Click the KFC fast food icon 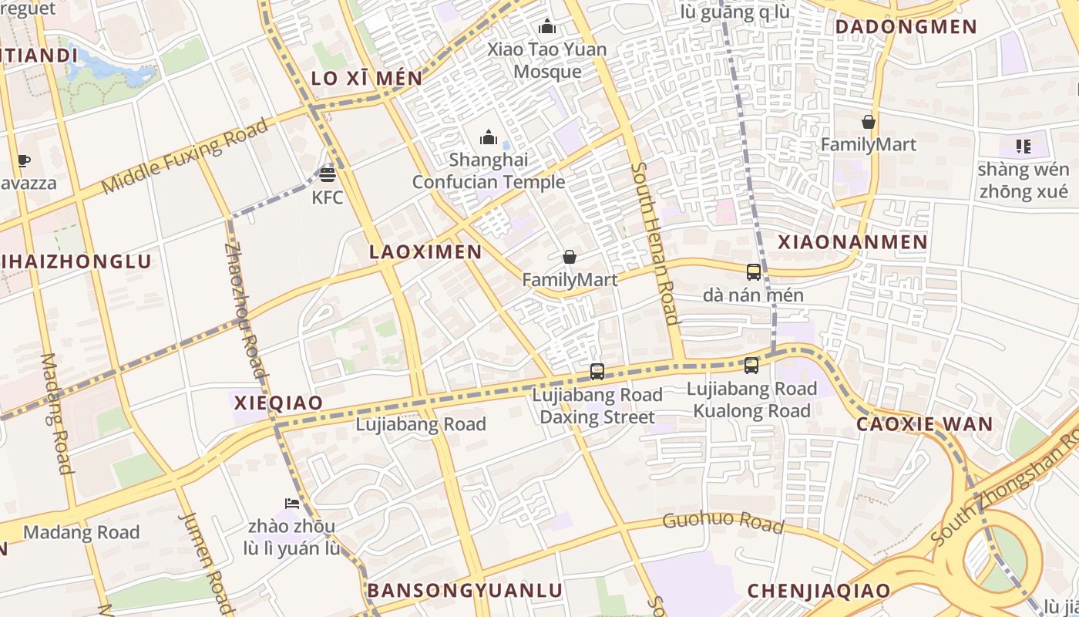point(328,174)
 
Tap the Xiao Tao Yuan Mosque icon point(547,27)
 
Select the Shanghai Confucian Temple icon point(489,138)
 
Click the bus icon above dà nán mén point(753,272)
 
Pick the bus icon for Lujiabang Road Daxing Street point(597,372)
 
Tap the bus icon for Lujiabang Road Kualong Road point(751,366)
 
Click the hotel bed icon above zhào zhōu point(291,504)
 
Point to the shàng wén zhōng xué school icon point(1023,146)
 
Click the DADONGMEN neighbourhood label point(906,27)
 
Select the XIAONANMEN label point(852,242)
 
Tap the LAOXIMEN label point(425,252)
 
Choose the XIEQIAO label point(277,403)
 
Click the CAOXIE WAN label point(925,424)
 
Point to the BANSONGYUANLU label point(465,591)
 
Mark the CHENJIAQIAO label point(818,592)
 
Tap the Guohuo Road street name point(723,522)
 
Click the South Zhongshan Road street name point(1002,497)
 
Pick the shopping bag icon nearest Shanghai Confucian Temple point(570,257)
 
